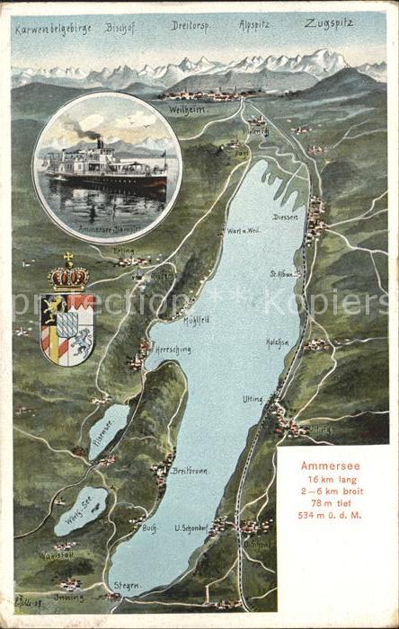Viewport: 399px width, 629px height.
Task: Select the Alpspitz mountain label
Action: coord(258,26)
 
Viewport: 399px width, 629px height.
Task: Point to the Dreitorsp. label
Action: coord(191,26)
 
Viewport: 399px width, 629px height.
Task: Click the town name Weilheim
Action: coord(187,109)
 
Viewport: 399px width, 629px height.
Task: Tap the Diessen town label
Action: coord(285,216)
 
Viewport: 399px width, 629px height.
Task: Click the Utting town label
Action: coord(253,397)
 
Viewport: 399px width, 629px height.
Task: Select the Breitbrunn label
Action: coord(191,471)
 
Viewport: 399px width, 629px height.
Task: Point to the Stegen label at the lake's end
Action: coord(127,585)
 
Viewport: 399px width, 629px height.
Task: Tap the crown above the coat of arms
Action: coord(68,274)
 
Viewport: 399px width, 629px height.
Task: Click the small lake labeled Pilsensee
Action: coord(109,430)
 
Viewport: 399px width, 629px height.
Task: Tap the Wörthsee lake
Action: coord(80,510)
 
